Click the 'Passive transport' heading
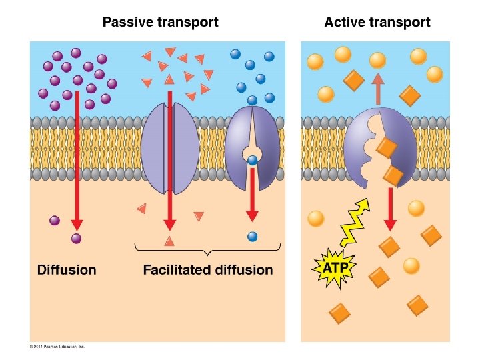(160, 22)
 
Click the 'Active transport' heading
(377, 22)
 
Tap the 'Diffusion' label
(67, 270)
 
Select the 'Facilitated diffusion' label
(208, 270)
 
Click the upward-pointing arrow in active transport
(377, 89)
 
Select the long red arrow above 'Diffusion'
(77, 160)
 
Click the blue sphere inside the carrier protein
(252, 160)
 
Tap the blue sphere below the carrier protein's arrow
(252, 237)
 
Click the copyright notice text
(57, 347)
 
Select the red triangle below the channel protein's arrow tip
(169, 241)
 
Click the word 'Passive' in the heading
(127, 22)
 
